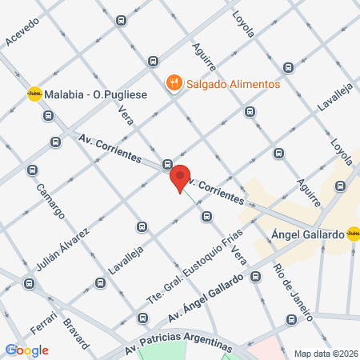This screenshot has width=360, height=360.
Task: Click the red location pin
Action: tap(180, 177)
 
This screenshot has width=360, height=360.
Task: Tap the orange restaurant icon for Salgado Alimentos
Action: tap(173, 83)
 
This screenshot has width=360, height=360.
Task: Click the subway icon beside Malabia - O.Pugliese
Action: tap(34, 94)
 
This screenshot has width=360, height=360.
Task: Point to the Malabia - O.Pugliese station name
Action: tap(95, 94)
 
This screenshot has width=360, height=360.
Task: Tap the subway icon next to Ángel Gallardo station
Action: tap(353, 234)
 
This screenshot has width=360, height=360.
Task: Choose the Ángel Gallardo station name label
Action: tap(308, 235)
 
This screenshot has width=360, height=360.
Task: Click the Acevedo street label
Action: tap(22, 31)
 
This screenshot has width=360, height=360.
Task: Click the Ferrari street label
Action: tap(43, 318)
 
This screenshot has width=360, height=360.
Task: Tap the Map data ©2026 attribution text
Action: tap(324, 353)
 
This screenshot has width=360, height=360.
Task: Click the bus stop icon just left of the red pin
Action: tap(167, 164)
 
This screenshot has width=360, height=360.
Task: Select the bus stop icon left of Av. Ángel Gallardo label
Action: tap(143, 318)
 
